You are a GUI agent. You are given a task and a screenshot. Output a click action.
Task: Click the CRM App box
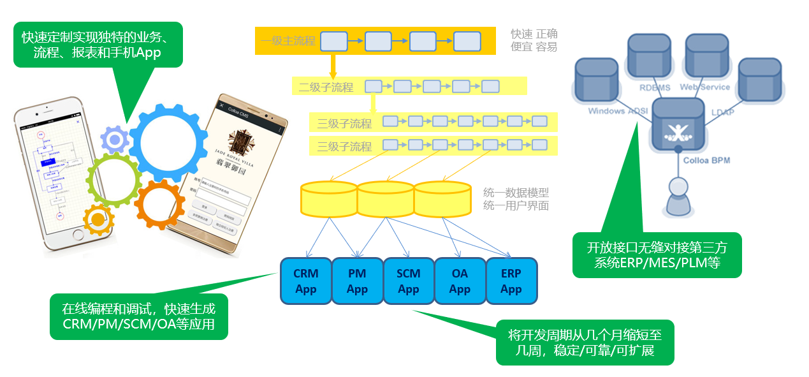pos(306,281)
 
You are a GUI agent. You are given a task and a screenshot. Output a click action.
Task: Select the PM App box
pos(357,281)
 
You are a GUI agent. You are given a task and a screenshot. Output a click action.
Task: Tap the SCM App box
pos(409,281)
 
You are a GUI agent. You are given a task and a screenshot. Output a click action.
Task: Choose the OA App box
pos(460,281)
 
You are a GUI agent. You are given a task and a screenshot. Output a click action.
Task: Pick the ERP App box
pos(511,281)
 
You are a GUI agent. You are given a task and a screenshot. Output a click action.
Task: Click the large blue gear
pos(168,143)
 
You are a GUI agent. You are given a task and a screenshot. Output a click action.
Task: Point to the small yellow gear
pos(98,220)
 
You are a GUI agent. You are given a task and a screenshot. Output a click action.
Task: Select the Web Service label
pos(704,87)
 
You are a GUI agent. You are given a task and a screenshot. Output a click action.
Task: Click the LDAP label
pos(722,112)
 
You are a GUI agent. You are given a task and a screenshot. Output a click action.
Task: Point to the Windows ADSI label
pos(618,111)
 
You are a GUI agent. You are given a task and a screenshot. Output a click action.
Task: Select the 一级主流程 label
pos(288,41)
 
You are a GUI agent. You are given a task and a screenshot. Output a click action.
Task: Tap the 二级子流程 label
pos(326,87)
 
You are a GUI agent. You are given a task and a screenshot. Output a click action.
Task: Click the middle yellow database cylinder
pos(386,199)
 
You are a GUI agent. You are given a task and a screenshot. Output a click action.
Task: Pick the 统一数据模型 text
pos(516,192)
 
